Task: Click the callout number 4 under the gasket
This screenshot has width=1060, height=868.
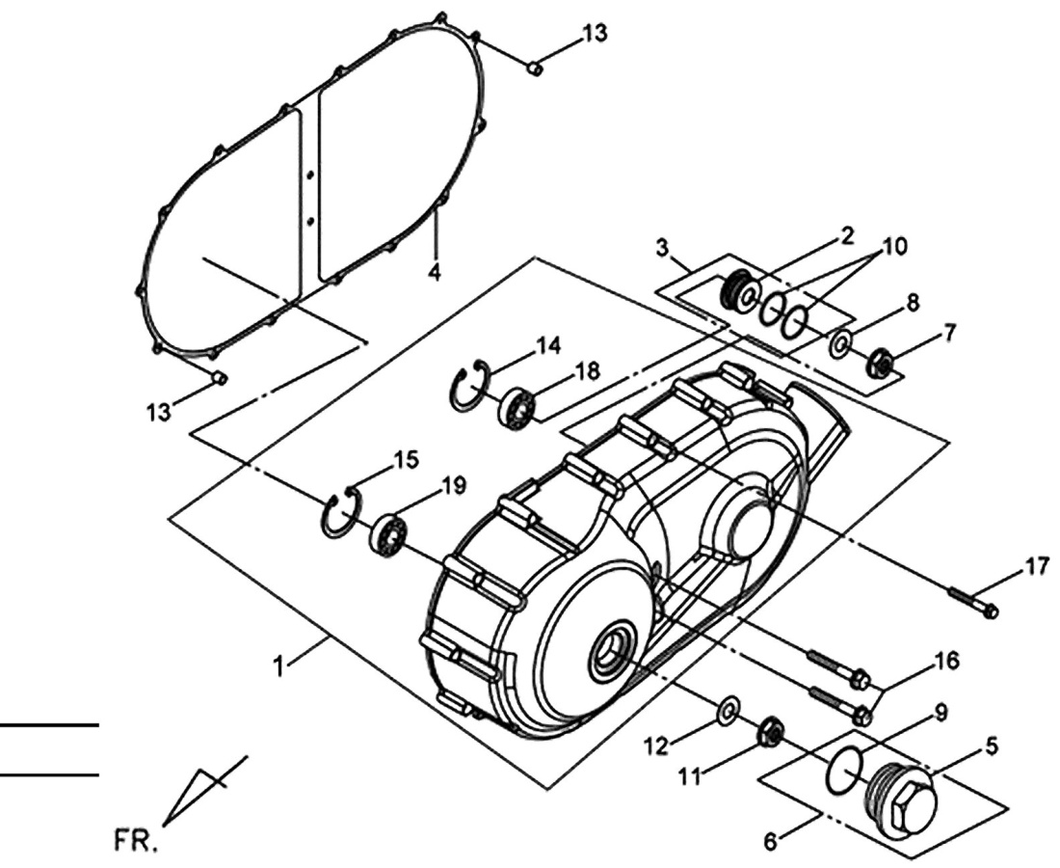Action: coord(436,273)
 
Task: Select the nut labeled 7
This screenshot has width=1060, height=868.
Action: coord(881,362)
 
